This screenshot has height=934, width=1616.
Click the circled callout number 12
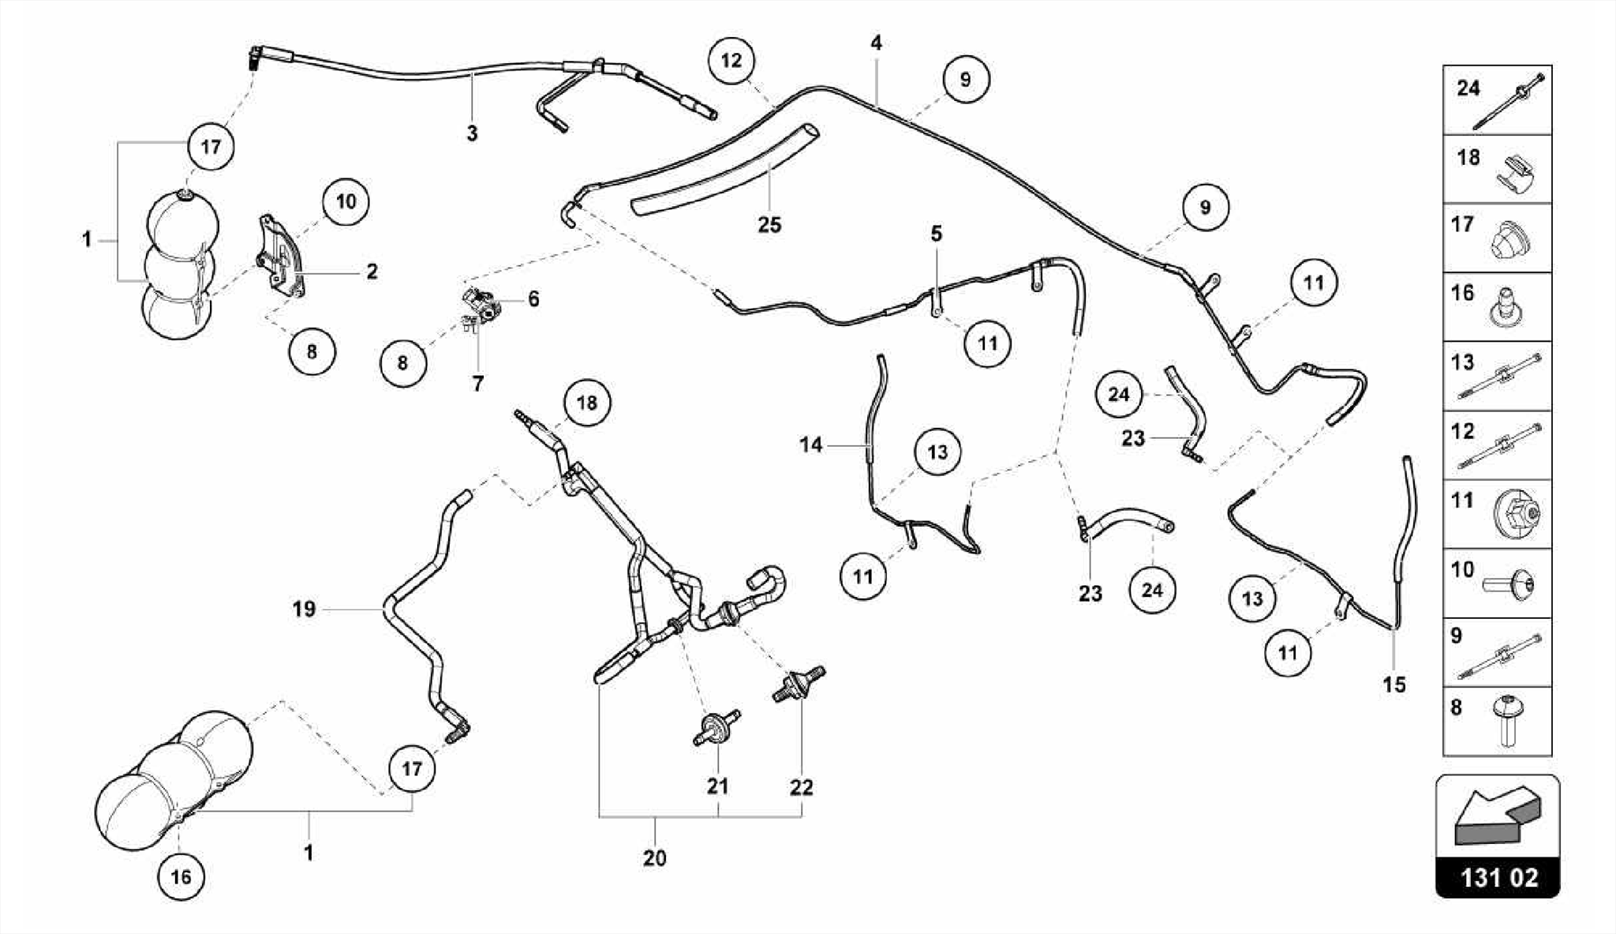[731, 60]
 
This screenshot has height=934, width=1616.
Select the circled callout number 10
[346, 201]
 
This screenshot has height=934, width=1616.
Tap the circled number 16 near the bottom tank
[181, 876]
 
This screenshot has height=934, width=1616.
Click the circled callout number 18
[587, 403]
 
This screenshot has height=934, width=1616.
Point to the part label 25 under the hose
[769, 225]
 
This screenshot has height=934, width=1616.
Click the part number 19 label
[304, 609]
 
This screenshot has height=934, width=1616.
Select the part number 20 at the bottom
[654, 857]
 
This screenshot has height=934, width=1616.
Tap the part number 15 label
[1394, 685]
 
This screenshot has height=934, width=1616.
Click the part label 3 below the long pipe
[472, 133]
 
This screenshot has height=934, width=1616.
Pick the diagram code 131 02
[1498, 877]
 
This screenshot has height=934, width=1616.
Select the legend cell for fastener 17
[1497, 238]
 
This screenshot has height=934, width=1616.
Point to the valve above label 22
[799, 683]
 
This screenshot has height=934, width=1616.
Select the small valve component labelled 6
[480, 303]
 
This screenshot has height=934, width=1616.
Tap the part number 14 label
[810, 445]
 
